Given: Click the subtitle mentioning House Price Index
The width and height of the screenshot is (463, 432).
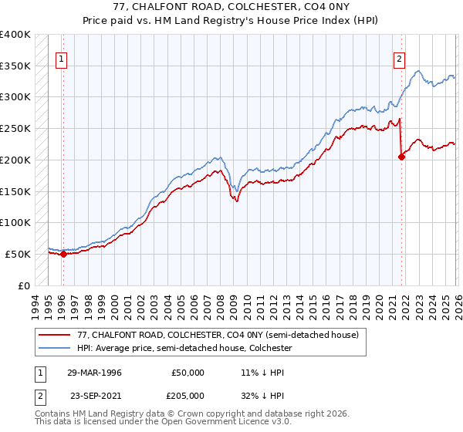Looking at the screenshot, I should click(231, 22).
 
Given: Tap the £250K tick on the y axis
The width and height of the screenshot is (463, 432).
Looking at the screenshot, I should click(15, 129).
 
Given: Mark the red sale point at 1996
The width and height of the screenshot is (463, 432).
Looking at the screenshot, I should click(63, 254).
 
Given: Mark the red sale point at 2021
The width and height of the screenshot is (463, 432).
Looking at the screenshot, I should click(401, 157).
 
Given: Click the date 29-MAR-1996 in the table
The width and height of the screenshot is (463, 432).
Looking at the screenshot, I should click(94, 373).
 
